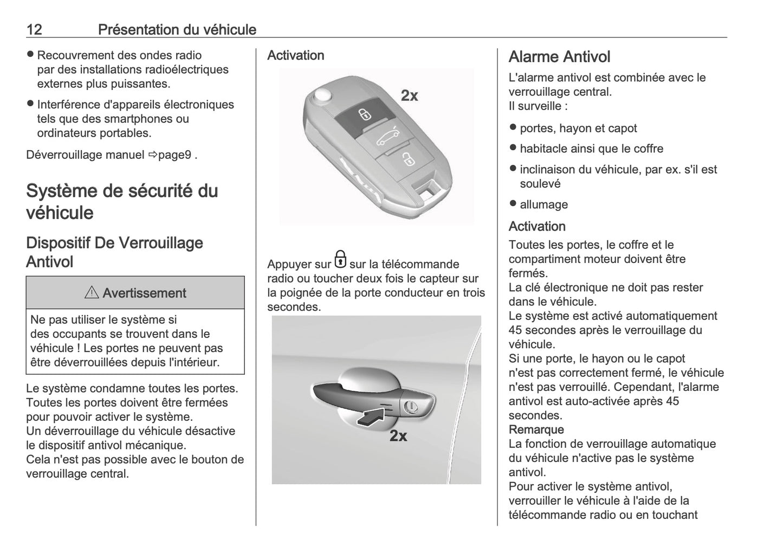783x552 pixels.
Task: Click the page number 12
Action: click(34, 29)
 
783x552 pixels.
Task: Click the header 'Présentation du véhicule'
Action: click(177, 29)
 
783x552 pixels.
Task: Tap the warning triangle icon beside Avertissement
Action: click(92, 293)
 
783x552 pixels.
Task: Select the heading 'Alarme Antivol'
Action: click(559, 57)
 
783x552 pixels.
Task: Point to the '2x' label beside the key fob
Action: click(409, 96)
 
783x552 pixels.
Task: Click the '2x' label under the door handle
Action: click(398, 435)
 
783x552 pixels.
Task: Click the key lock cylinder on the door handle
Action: click(411, 406)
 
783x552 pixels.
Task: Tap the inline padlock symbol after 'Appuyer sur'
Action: click(340, 260)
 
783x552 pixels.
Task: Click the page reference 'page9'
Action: click(174, 155)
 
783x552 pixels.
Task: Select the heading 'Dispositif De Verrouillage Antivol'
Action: click(114, 252)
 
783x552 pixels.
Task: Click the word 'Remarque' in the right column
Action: click(536, 429)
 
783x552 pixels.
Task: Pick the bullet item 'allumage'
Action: click(543, 204)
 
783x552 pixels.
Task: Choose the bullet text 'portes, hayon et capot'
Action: click(578, 129)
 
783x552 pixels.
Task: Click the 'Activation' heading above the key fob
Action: click(295, 55)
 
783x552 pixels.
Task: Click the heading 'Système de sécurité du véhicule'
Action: click(122, 201)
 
